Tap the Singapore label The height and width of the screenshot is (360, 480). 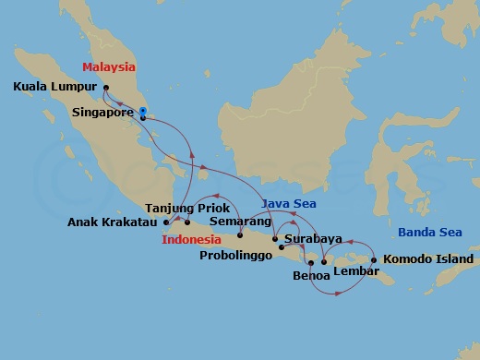click(102, 117)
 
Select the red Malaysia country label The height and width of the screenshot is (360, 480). click(108, 67)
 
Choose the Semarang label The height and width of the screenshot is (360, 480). click(240, 222)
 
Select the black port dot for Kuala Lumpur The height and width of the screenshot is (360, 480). click(105, 90)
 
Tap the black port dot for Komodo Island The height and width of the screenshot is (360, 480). click(374, 259)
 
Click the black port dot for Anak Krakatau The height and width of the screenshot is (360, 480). click(165, 222)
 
